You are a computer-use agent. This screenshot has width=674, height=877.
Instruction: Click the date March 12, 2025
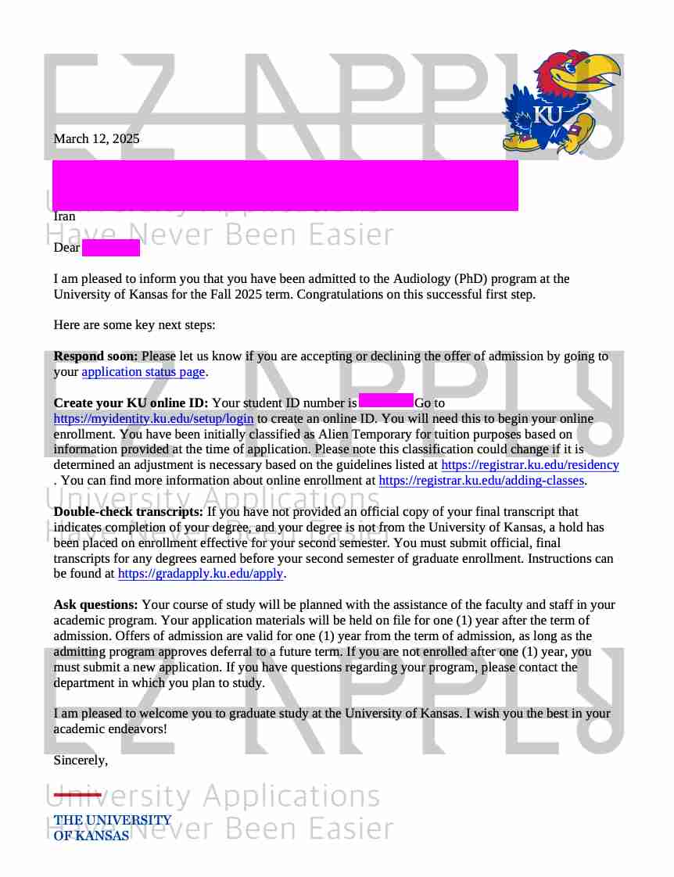pos(96,139)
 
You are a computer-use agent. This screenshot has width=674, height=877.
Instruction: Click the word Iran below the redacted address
pos(64,217)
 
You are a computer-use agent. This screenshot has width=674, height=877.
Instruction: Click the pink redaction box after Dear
pos(110,248)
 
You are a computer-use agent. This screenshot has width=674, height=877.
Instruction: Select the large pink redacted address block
pos(285,185)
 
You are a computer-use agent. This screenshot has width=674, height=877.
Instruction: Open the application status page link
pos(143,372)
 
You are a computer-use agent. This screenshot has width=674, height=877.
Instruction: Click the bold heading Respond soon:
pos(95,356)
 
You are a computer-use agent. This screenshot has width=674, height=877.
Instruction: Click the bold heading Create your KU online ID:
pos(131,403)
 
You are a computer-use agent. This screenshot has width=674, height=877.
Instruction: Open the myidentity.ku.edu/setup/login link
pos(153,419)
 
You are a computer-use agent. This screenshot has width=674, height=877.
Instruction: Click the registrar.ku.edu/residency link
pos(529,465)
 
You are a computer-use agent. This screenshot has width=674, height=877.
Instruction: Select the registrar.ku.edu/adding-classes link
pos(481,481)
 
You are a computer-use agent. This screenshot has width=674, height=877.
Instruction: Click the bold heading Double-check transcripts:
pos(128,512)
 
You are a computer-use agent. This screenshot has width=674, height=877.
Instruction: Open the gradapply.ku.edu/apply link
pos(200,574)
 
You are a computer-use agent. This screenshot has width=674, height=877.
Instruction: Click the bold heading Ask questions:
pos(95,605)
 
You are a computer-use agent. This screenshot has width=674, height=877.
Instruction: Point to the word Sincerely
pos(80,760)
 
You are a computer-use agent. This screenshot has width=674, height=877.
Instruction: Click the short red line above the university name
pos(77,795)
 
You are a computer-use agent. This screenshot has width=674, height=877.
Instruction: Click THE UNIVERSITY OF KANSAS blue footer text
pos(112,827)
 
